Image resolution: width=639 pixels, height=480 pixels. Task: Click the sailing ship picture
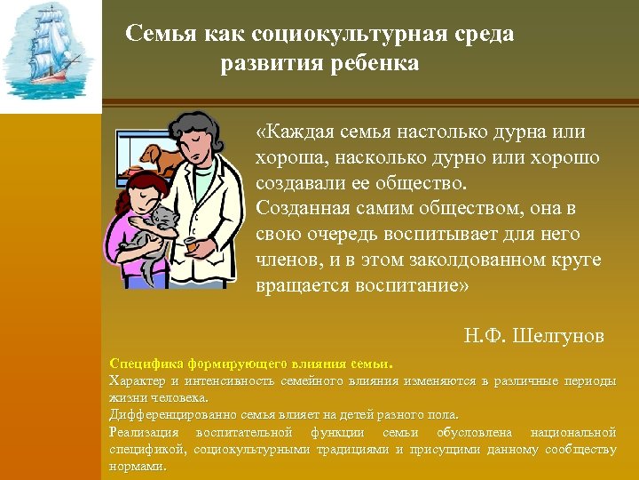(x=49, y=53)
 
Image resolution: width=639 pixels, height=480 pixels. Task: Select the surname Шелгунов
(x=558, y=335)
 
